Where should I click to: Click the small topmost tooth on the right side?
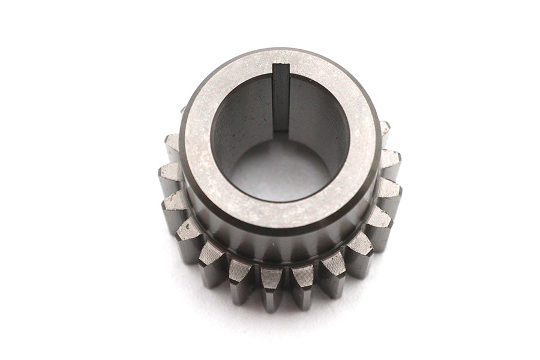pyautogui.click(x=385, y=128)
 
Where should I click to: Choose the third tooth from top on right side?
pyautogui.click(x=390, y=195)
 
